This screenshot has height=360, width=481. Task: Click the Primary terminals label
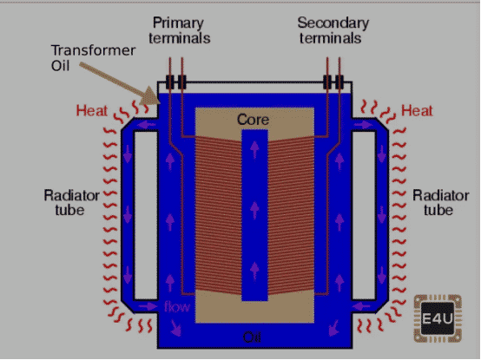[180, 30]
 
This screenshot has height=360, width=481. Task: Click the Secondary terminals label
[333, 30]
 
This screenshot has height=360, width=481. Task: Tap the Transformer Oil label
[93, 58]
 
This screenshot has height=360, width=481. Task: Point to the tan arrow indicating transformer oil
[120, 83]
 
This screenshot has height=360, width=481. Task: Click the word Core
[253, 120]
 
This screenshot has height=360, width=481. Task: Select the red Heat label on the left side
[92, 111]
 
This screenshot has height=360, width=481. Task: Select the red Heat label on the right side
[418, 111]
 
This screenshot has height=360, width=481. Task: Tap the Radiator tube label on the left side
[71, 202]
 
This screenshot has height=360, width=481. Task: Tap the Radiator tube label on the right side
[441, 202]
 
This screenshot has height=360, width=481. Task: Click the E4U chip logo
[438, 318]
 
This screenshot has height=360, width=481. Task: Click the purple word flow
[177, 306]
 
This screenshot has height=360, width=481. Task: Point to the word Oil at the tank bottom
[252, 337]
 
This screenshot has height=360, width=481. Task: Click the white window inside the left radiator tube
[146, 216]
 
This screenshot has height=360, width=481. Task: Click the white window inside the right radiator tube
[364, 216]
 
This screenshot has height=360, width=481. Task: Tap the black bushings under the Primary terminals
[175, 82]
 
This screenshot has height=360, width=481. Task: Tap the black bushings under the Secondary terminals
[333, 82]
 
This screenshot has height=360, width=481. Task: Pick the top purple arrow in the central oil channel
[254, 149]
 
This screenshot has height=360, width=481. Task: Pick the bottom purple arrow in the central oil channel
[254, 272]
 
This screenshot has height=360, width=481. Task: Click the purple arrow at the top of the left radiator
[147, 125]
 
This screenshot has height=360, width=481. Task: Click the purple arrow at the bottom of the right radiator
[361, 305]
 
